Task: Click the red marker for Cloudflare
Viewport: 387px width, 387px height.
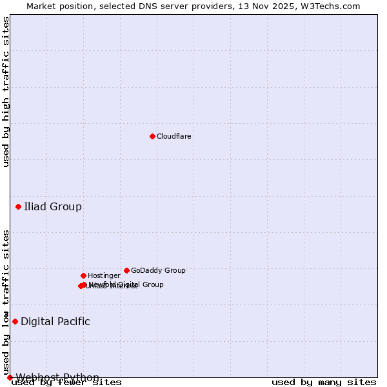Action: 152,136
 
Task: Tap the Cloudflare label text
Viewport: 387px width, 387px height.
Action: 174,137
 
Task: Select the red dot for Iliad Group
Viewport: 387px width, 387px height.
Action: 18,206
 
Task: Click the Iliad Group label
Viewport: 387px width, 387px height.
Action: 53,207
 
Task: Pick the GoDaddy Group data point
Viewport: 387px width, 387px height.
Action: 126,270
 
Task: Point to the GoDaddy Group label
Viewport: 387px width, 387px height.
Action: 158,271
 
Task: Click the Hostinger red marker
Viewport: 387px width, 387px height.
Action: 83,275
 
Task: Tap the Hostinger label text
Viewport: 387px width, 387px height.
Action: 104,276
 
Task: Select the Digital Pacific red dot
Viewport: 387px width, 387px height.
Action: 15,321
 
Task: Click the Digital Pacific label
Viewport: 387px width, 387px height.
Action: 55,322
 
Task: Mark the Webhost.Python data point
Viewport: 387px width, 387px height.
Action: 10,377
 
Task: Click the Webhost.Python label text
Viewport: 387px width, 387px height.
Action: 57,377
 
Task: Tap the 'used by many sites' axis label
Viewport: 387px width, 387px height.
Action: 324,382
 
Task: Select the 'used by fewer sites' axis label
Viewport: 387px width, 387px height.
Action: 66,382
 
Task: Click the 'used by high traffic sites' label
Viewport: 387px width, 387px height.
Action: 6,92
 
